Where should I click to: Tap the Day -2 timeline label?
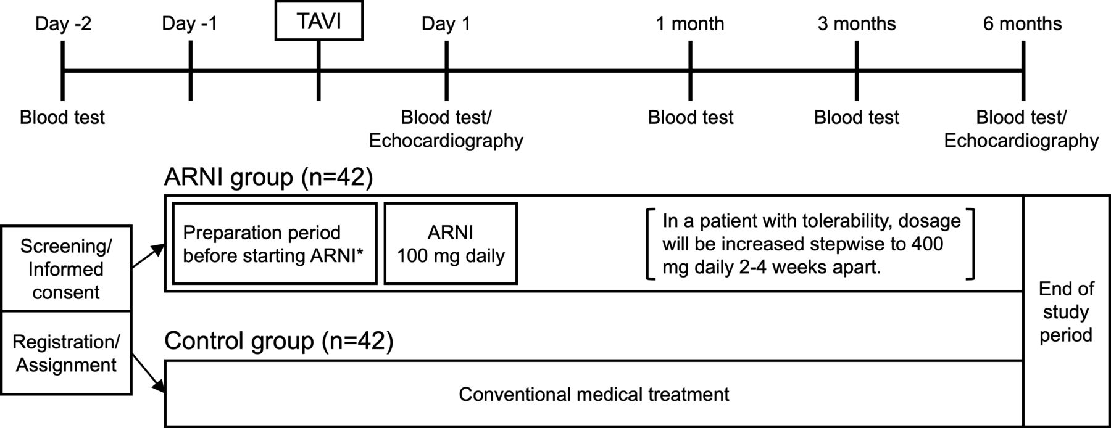(63, 24)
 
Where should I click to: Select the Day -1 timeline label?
(189, 24)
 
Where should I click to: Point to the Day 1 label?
(446, 24)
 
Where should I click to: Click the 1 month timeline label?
(690, 24)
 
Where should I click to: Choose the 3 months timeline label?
(857, 24)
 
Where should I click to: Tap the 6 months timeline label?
(1023, 24)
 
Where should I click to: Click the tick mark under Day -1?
(190, 71)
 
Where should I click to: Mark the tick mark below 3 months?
(857, 71)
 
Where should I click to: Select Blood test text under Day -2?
(62, 117)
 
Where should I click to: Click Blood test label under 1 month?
(691, 117)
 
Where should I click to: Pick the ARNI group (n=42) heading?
(268, 178)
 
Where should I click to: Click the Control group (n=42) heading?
(278, 341)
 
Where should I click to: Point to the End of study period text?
(1066, 312)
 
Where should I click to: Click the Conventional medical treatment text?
(594, 394)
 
